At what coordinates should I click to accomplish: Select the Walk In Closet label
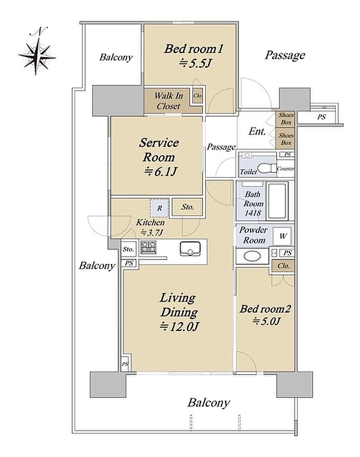pyautogui.click(x=168, y=101)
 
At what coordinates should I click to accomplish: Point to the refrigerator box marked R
pyautogui.click(x=159, y=208)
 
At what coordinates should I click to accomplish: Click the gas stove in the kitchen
pyautogui.click(x=148, y=248)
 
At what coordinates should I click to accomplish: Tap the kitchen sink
pyautogui.click(x=190, y=249)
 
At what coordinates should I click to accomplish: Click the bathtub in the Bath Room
pyautogui.click(x=277, y=201)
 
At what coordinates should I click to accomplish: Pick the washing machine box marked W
pyautogui.click(x=282, y=236)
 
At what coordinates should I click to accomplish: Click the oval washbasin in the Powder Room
pyautogui.click(x=252, y=256)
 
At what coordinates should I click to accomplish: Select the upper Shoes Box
pyautogui.click(x=285, y=119)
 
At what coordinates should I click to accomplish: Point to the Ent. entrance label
pyautogui.click(x=257, y=131)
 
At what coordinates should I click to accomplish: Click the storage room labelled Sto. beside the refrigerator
pyautogui.click(x=187, y=207)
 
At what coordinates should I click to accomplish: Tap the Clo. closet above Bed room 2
pyautogui.click(x=283, y=266)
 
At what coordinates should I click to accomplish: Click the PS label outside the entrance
pyautogui.click(x=321, y=117)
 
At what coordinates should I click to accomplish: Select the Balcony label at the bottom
pyautogui.click(x=209, y=403)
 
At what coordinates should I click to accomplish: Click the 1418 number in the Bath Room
pyautogui.click(x=253, y=213)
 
